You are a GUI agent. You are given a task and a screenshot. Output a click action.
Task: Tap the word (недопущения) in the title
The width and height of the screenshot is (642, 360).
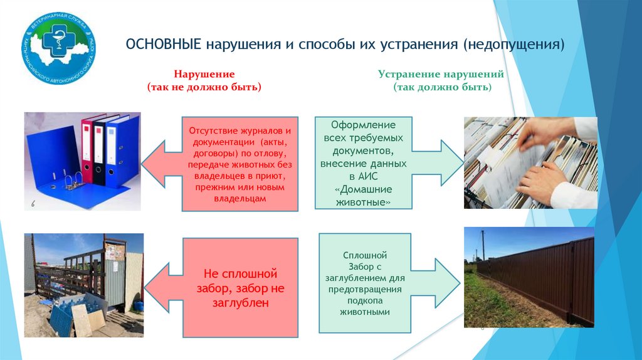click(x=514, y=45)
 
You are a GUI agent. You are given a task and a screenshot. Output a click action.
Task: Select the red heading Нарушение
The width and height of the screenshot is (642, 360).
click(x=204, y=74)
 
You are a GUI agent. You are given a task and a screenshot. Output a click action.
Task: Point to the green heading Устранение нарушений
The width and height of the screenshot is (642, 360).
click(x=441, y=74)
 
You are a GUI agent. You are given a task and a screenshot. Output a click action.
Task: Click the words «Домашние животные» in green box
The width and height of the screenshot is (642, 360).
click(x=363, y=196)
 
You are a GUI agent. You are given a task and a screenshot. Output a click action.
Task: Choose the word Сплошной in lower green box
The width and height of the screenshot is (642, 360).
click(x=365, y=255)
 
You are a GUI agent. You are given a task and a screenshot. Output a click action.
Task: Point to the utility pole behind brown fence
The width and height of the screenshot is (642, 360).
click(x=483, y=245)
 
